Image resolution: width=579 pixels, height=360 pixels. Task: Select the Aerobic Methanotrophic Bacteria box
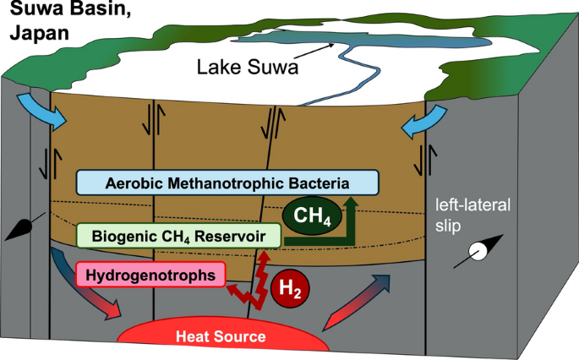coord(227,183)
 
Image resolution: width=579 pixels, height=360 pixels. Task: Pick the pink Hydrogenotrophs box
coord(150,274)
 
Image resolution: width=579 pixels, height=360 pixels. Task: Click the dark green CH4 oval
coord(312,216)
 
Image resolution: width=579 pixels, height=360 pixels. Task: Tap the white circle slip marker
coord(478,252)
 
